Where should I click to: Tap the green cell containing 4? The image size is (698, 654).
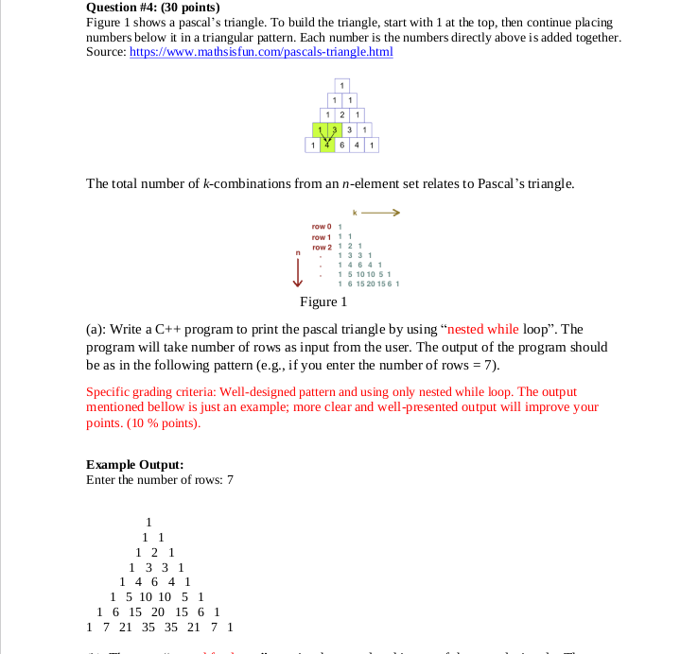(x=326, y=146)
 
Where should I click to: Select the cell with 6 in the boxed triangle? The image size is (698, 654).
(x=341, y=146)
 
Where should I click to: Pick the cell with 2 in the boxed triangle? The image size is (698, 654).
(x=341, y=114)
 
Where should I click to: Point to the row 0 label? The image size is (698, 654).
(x=321, y=226)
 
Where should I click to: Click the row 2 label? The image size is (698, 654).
(x=321, y=246)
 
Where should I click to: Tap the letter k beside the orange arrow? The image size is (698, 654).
(x=355, y=212)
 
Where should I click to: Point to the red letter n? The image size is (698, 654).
(x=299, y=250)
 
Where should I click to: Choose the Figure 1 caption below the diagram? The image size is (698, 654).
(x=323, y=302)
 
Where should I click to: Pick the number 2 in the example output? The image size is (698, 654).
(x=155, y=551)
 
